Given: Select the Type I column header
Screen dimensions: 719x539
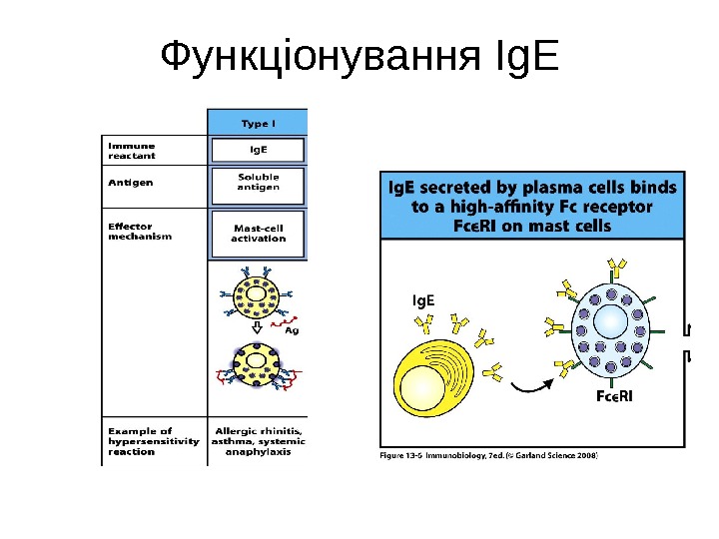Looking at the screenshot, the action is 258,124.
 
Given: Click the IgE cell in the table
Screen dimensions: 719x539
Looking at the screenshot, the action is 258,151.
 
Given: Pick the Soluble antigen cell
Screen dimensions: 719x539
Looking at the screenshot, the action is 258,183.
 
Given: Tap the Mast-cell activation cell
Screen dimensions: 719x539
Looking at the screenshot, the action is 258,233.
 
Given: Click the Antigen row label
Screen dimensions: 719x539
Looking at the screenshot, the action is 130,183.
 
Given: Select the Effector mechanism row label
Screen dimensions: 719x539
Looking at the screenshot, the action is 140,232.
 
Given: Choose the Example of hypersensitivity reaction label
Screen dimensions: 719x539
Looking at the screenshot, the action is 153,441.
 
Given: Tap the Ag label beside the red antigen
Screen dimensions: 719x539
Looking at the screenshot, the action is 292,330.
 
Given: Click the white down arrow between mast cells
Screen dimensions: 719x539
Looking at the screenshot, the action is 256,326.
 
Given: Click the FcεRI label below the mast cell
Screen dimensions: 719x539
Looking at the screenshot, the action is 614,397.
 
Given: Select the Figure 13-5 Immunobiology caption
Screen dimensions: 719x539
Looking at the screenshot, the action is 489,454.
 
